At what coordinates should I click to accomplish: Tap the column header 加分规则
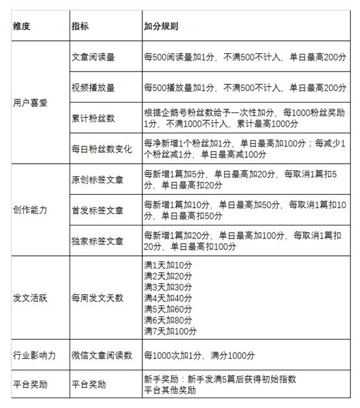pyautogui.click(x=161, y=28)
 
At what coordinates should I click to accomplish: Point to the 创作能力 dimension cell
pyautogui.click(x=31, y=210)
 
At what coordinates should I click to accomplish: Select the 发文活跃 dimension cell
pyautogui.click(x=31, y=298)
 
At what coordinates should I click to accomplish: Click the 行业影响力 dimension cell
pyautogui.click(x=34, y=355)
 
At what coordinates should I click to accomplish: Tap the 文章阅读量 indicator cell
pyautogui.click(x=93, y=57)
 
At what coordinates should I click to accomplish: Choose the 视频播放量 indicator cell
pyautogui.click(x=93, y=87)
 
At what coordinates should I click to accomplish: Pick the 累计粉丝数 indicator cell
pyautogui.click(x=93, y=118)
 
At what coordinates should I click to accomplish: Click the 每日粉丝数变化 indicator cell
pyautogui.click(x=101, y=149)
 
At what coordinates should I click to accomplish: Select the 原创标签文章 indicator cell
pyautogui.click(x=97, y=179)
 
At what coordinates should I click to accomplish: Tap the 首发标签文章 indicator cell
pyautogui.click(x=97, y=210)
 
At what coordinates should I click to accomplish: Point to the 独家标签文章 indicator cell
pyautogui.click(x=97, y=241)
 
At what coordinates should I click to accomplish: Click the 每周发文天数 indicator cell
pyautogui.click(x=97, y=298)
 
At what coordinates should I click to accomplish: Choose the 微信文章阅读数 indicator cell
pyautogui.click(x=101, y=355)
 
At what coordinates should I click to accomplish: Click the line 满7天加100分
pyautogui.click(x=170, y=331)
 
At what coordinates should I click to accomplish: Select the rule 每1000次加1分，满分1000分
pyautogui.click(x=199, y=355)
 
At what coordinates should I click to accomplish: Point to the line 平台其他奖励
pyautogui.click(x=170, y=389)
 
